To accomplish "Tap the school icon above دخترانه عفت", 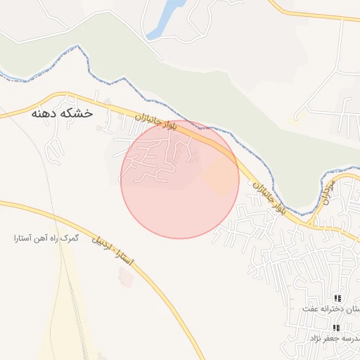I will tap(337, 299).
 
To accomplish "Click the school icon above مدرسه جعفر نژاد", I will tap(337, 328).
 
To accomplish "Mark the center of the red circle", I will tap(180, 179).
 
